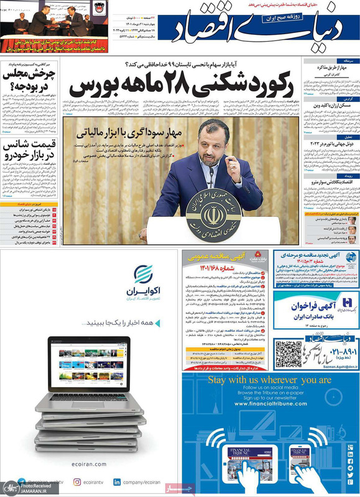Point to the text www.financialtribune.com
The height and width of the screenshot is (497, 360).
[270, 404]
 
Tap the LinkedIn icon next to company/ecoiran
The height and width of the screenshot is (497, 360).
[118, 481]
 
